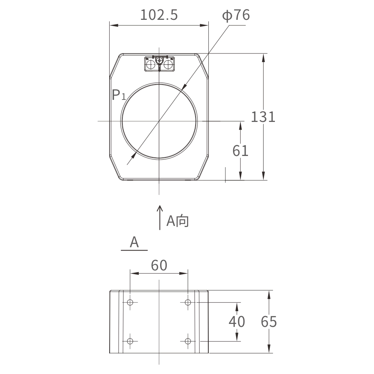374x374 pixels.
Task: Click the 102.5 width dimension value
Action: point(159,15)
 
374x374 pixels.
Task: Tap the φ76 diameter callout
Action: point(236,15)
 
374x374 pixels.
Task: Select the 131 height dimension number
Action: point(263,117)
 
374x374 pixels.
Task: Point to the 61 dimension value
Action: point(240,151)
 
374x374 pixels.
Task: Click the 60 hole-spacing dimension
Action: point(159,265)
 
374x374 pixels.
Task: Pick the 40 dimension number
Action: point(237,322)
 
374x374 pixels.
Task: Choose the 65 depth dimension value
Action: point(269,322)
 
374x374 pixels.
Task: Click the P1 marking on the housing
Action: point(119,95)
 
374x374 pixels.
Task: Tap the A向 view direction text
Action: point(177,221)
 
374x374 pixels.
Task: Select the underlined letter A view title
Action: point(134,242)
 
